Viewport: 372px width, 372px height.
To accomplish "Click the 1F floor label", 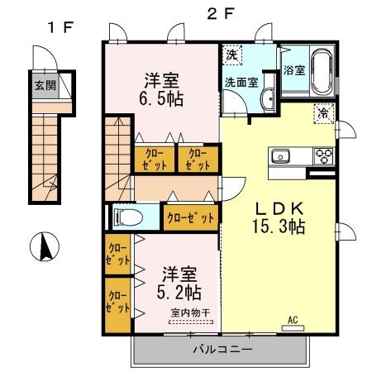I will [x=61, y=26].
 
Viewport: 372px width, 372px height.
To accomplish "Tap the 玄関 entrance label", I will [x=45, y=85].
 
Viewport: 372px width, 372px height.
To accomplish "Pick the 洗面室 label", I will [x=241, y=83].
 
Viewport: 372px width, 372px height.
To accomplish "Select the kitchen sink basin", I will [x=280, y=155].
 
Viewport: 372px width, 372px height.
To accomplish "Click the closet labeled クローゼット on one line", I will [x=189, y=217].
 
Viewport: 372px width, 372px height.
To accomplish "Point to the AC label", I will [x=292, y=320].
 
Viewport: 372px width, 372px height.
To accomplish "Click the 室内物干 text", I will [x=191, y=312].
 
